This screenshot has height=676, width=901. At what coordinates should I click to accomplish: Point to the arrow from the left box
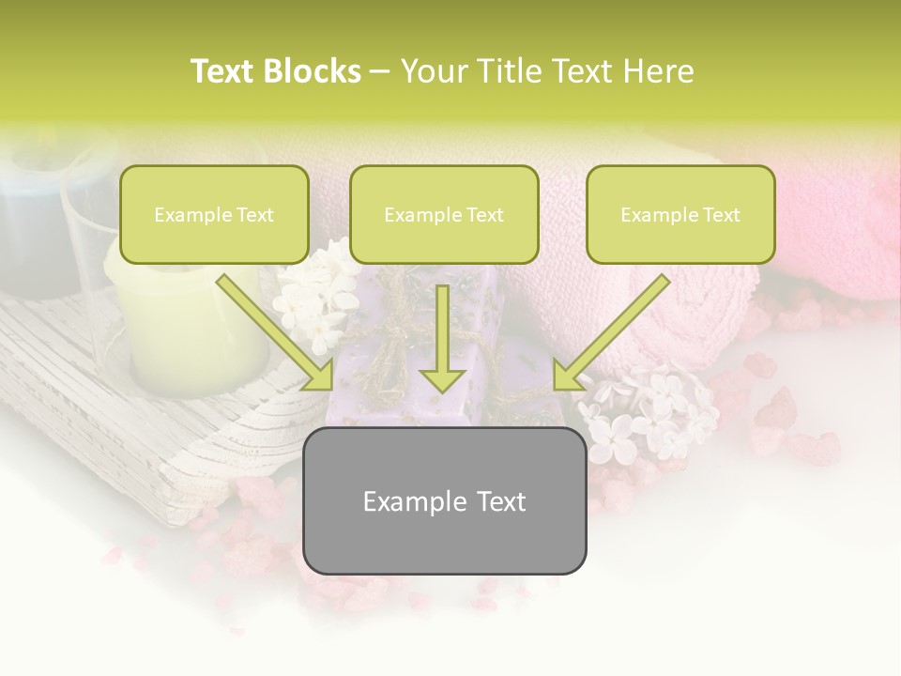pos(277,333)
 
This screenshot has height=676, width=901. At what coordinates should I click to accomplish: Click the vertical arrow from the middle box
pos(442,343)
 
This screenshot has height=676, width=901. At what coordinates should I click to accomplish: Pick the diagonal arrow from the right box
pos(610,333)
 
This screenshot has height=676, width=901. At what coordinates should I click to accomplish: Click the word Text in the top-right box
pos(721,215)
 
